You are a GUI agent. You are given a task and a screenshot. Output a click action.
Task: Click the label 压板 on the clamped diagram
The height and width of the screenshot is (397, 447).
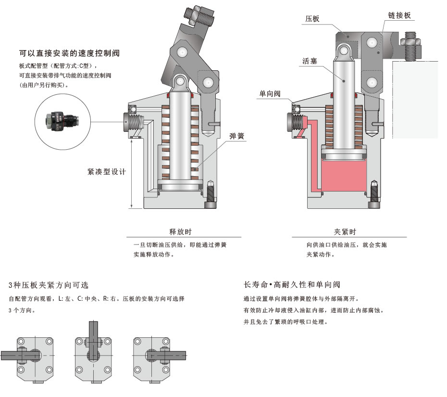click(x=312, y=19)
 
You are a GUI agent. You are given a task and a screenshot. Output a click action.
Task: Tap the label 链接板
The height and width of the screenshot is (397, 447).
click(x=399, y=15)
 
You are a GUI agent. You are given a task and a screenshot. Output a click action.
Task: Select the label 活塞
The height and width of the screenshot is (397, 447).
click(x=309, y=62)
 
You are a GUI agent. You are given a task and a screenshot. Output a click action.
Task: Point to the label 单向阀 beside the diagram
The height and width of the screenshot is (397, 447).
click(x=270, y=95)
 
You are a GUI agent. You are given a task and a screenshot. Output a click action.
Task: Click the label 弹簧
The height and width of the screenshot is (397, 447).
click(x=237, y=136)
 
